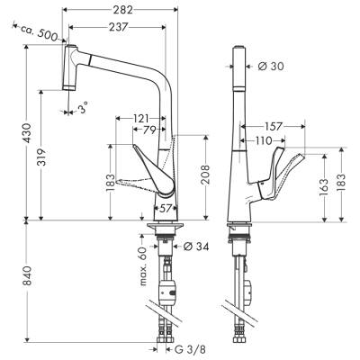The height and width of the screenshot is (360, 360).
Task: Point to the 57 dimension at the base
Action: [166, 209]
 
